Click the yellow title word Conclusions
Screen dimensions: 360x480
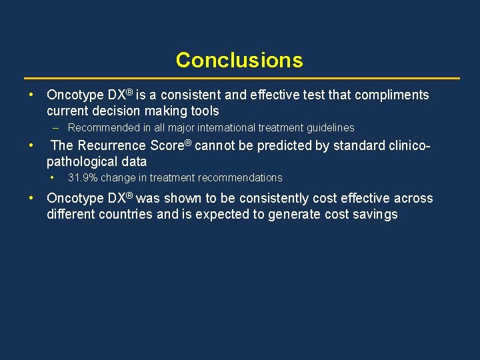(x=239, y=60)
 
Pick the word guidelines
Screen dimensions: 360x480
(x=328, y=127)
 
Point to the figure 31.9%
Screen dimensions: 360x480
(x=83, y=178)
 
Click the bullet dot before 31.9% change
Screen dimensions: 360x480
(x=53, y=177)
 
